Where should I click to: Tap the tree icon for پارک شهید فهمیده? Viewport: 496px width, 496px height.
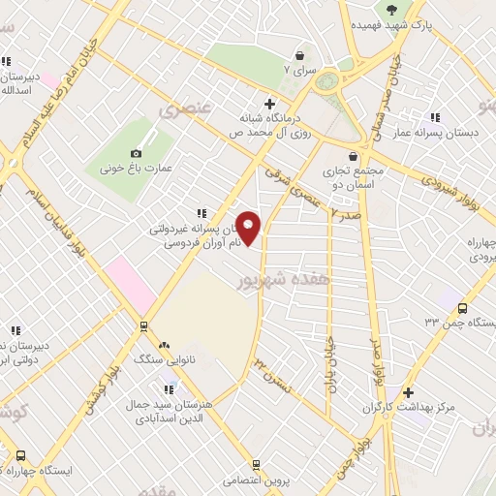tap(390, 10)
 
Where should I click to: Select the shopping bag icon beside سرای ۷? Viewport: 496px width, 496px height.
tap(301, 55)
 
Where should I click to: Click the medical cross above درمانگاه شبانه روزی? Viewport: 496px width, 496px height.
tap(269, 103)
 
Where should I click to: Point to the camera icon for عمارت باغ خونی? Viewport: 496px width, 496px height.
tap(136, 153)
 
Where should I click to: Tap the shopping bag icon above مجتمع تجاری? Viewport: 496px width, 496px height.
tap(353, 155)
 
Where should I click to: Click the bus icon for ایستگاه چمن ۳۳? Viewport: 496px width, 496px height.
tap(462, 307)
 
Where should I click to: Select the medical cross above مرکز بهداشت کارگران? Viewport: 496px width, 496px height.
tap(409, 392)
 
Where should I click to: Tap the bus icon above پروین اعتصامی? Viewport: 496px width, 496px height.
tap(256, 465)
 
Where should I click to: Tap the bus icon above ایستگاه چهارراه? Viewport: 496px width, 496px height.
tap(20, 455)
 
